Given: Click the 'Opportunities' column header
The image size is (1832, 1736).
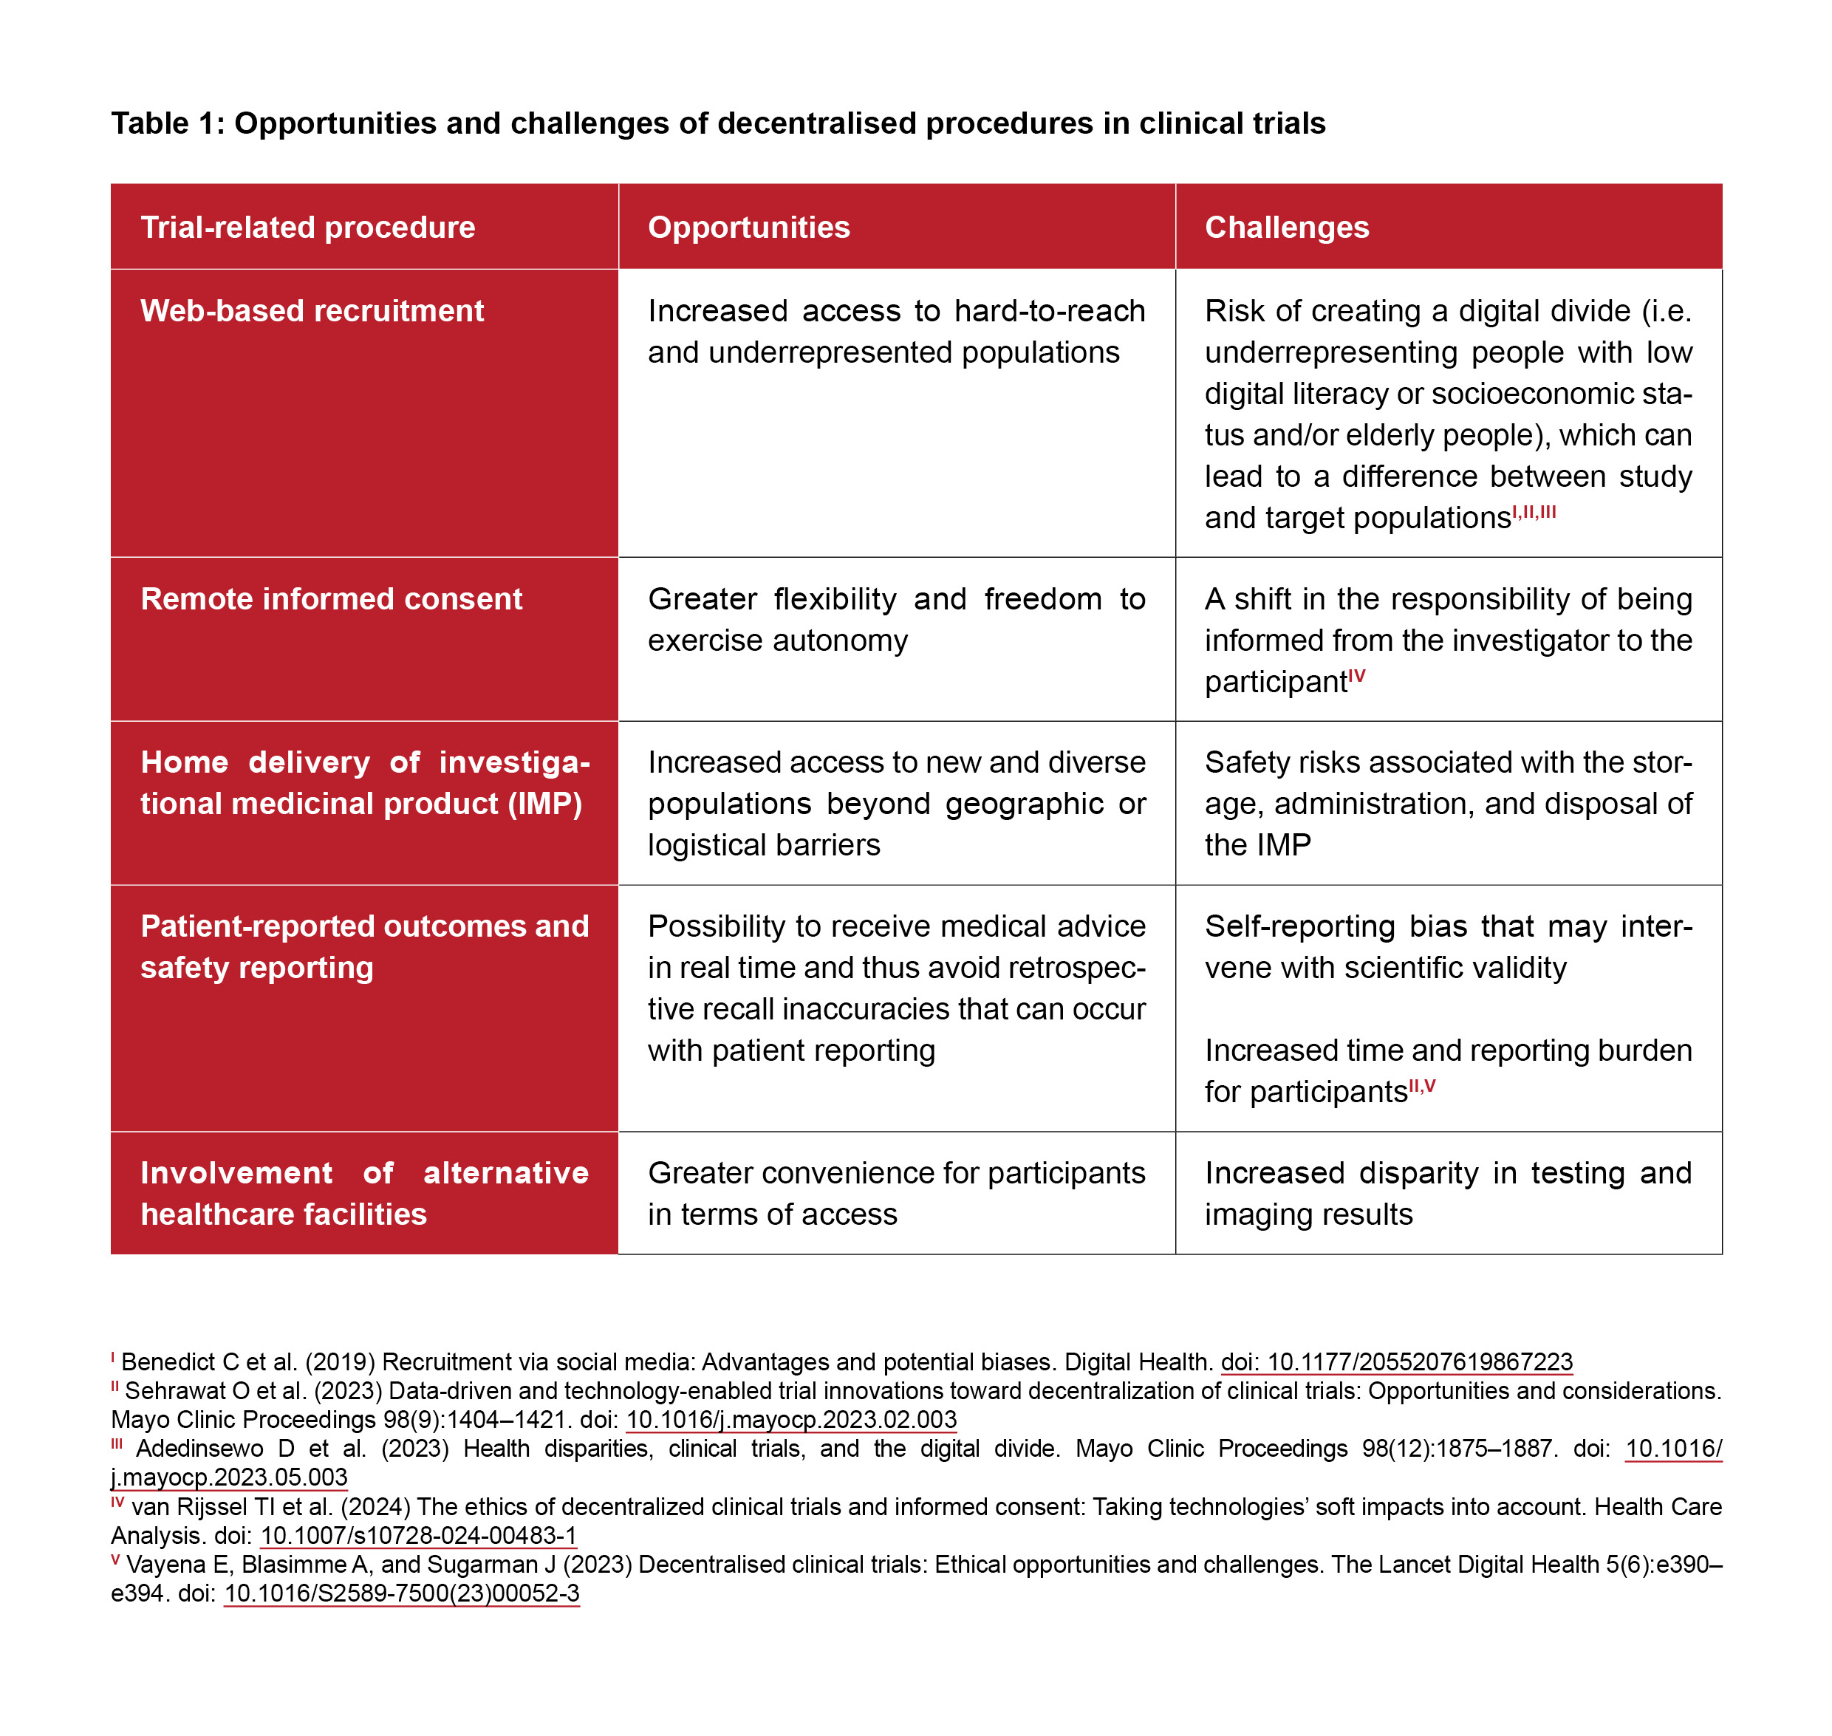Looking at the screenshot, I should (748, 228).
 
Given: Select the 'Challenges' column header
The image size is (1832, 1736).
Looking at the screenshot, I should (1286, 228).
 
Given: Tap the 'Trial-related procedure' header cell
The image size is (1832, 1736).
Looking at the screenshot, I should (307, 228).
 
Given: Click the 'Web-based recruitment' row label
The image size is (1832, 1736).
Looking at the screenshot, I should (312, 311).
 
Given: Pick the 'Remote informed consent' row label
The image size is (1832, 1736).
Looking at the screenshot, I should (331, 598).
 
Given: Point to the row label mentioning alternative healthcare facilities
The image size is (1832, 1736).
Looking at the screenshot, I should (364, 1193).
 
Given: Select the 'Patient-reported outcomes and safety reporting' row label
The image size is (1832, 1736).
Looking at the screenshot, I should (364, 946).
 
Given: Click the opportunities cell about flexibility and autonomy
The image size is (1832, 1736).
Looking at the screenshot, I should (895, 619).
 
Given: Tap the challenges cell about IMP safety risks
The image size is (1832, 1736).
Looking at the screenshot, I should (1448, 803).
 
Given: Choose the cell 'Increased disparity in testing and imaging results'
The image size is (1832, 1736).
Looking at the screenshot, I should (1448, 1193).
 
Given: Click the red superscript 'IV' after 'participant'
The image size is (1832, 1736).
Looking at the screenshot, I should (1356, 677).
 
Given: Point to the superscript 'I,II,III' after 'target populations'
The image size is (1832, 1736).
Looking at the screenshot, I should (1534, 512).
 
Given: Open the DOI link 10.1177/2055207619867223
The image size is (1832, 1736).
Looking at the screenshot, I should (1396, 1362).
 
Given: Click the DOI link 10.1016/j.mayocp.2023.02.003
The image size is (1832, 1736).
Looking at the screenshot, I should (791, 1420).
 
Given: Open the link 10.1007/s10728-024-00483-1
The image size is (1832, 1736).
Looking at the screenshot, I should (418, 1535).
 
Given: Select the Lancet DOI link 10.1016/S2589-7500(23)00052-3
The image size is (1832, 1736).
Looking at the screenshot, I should (402, 1593).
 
